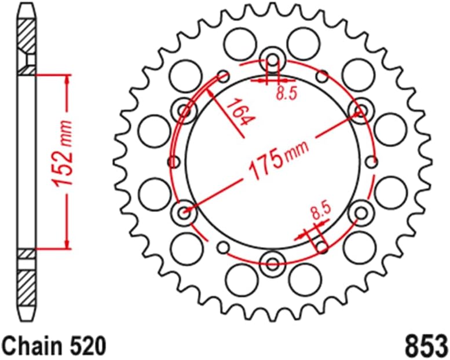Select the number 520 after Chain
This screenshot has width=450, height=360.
click(x=89, y=346)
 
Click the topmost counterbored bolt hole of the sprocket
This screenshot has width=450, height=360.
click(x=272, y=59)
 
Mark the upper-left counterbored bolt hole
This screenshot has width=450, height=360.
click(x=185, y=110)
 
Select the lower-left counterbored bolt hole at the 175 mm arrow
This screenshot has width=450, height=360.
click(x=185, y=212)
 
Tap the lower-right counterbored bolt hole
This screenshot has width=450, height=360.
click(x=361, y=212)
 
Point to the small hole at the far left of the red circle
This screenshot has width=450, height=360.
click(x=171, y=162)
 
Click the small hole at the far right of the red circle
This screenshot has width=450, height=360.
click(x=374, y=162)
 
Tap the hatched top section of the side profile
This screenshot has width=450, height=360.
click(x=27, y=38)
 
